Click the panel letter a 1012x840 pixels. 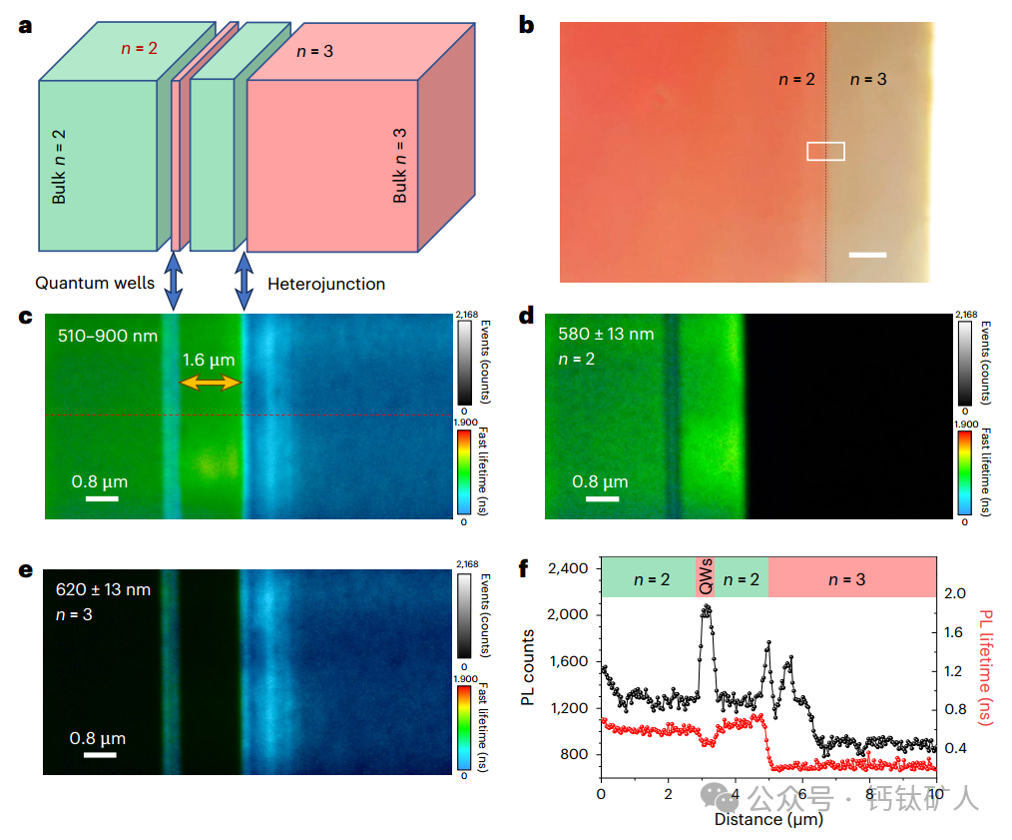coord(25,25)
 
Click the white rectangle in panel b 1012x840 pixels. coord(825,151)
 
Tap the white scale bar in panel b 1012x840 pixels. coord(867,255)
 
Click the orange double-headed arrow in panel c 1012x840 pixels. coord(211,383)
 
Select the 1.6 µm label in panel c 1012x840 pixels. coord(210,360)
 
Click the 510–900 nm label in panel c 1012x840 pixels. coord(108,336)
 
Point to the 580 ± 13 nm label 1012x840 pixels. coord(607,334)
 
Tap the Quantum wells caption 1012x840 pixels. coord(95,284)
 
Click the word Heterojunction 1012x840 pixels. coord(326,284)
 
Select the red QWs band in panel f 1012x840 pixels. coord(706,578)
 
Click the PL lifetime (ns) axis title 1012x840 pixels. coord(988,666)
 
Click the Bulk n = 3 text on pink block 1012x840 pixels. coord(400,165)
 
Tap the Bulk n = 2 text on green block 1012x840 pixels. coord(59,166)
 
